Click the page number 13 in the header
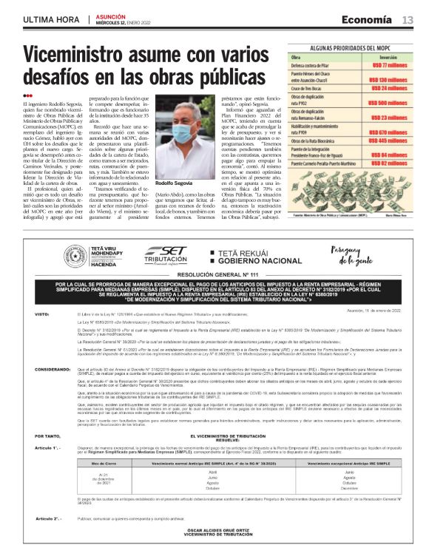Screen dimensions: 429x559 click(408, 19)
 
